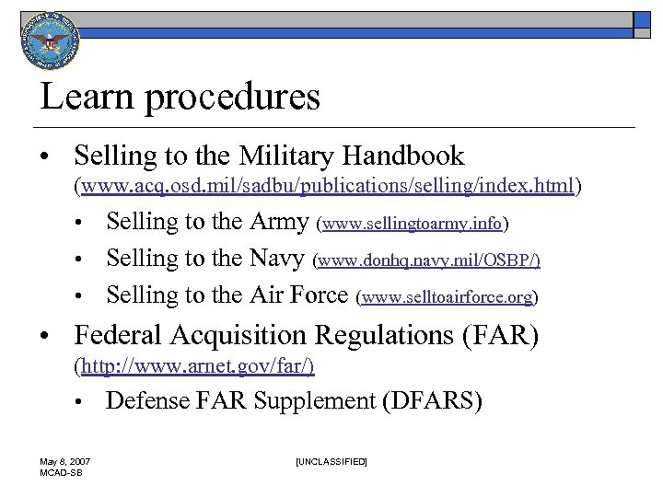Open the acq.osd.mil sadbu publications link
(x=329, y=187)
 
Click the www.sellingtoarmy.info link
(x=412, y=224)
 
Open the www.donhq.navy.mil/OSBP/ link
(x=427, y=260)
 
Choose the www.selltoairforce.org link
(x=448, y=297)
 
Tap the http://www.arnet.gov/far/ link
(x=198, y=367)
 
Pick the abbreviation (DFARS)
(x=431, y=402)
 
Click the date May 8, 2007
(x=64, y=460)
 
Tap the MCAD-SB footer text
(x=62, y=471)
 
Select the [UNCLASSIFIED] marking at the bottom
(x=331, y=460)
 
